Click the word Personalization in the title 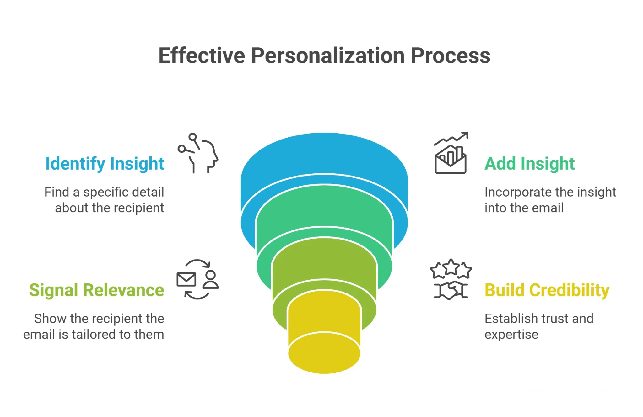(327, 56)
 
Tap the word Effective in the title (202, 56)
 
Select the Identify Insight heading (105, 164)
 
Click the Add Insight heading (529, 164)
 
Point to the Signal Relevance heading (96, 290)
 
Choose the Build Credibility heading (547, 290)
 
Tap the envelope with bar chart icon (450, 160)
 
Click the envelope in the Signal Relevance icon (186, 279)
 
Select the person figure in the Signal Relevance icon (210, 279)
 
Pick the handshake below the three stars (451, 290)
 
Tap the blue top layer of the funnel (324, 154)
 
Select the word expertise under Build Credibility (511, 335)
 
